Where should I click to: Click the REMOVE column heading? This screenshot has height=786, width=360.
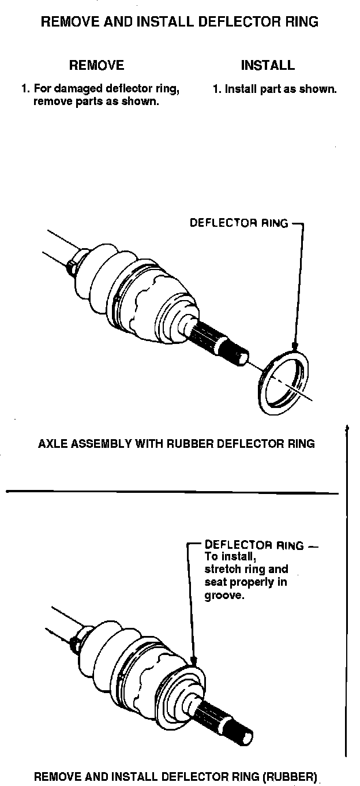tap(96, 65)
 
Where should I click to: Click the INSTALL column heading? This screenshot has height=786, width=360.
tap(268, 65)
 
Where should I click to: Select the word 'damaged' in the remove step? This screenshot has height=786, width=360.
tap(77, 89)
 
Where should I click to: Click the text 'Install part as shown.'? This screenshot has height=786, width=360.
tap(275, 89)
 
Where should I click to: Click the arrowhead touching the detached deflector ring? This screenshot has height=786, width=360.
tap(295, 347)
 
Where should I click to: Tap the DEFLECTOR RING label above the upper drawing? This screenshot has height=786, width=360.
tap(238, 223)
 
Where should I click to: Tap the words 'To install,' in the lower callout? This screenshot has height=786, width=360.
tap(230, 557)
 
